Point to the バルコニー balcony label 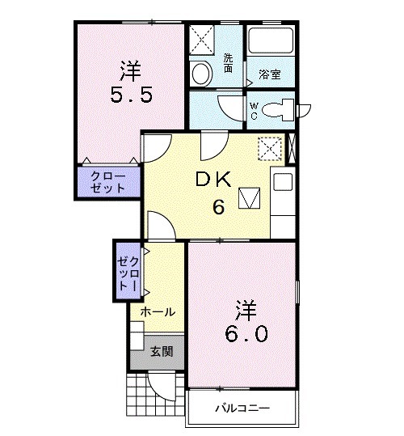pos(242,408)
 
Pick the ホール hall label pos(158,311)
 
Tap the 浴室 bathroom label pos(270,74)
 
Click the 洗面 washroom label pos(229,63)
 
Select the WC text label pos(253,110)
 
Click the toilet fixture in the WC pos(282,108)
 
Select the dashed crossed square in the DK pos(269,149)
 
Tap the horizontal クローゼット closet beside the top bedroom pos(109,181)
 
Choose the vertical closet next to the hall pos(129,272)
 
